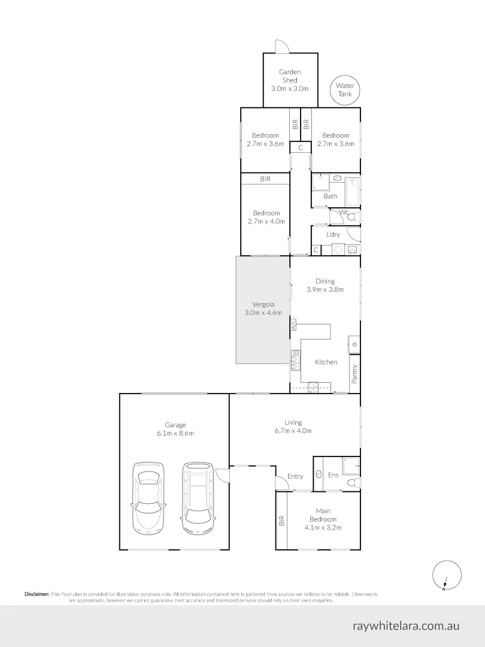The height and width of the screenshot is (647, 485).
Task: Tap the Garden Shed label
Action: pos(290,76)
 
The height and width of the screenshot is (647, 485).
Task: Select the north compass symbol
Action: pos(447,575)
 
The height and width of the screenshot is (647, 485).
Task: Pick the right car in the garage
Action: pos(198,498)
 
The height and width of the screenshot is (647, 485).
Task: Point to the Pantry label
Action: pos(354,374)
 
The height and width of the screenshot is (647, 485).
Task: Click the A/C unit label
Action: pos(293,325)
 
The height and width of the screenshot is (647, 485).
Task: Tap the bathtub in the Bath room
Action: pos(352,192)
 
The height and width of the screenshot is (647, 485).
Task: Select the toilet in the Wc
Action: pos(354,217)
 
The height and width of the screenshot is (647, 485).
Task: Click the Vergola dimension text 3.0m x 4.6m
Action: pos(263,312)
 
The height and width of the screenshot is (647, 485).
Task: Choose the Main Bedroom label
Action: pos(323,515)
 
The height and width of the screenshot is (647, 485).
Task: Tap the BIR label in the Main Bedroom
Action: pos(281,521)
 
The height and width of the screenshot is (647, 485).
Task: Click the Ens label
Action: pos(334,475)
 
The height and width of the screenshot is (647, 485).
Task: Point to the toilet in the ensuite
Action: pos(353,482)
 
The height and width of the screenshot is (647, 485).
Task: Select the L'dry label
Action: pos(334,234)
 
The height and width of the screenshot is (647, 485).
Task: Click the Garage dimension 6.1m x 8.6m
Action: pos(175,433)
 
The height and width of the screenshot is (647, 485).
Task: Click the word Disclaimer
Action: pos(37,594)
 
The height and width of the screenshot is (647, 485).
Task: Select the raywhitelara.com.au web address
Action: pos(406,626)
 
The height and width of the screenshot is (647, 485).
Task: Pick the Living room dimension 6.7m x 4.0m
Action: pos(293,431)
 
